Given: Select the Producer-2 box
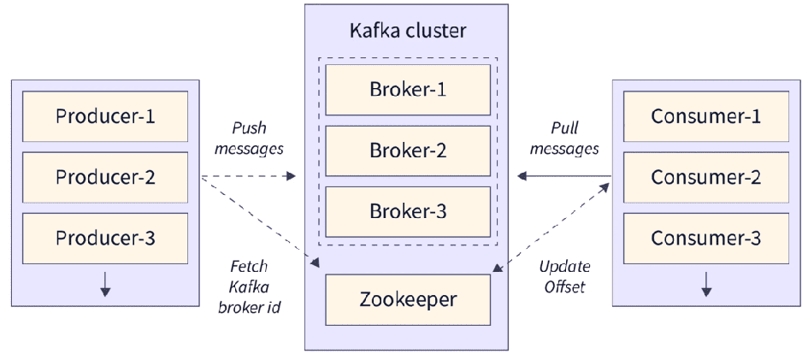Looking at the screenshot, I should click(x=105, y=177).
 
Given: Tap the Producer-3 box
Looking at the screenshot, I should click(x=105, y=237).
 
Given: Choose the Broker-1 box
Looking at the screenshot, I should click(x=407, y=90).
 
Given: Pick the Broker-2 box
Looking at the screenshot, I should click(x=407, y=150).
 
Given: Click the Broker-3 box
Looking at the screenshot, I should click(x=407, y=211).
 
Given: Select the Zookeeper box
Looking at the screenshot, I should click(x=407, y=300).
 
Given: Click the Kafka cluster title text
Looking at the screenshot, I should click(x=407, y=32).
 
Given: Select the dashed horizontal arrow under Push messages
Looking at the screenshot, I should click(x=248, y=177).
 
